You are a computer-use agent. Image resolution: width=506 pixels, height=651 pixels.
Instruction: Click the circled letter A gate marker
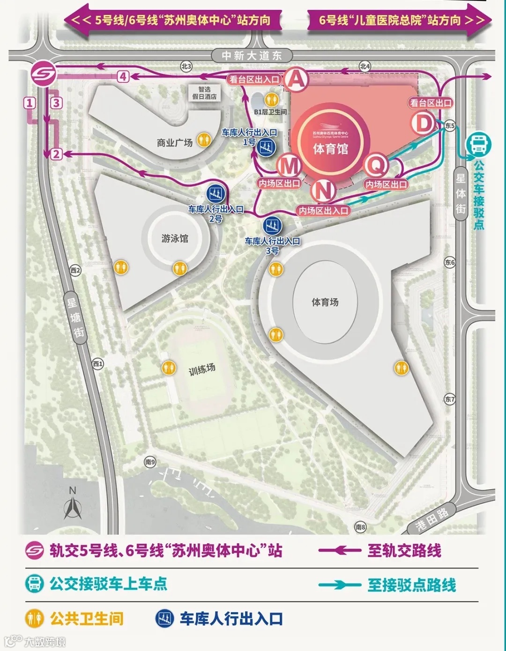click(x=297, y=79)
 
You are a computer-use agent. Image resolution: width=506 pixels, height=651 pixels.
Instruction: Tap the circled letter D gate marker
click(x=423, y=124)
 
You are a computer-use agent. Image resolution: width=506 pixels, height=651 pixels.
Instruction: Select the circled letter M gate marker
click(x=289, y=166)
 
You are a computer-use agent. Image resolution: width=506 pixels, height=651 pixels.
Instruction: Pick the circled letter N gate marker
click(x=323, y=191)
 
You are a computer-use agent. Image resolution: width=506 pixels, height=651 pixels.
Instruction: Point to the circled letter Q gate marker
click(x=376, y=165)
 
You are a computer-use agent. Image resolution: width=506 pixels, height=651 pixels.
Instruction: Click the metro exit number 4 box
click(x=123, y=76)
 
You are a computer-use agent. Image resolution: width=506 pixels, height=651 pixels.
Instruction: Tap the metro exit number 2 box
click(x=56, y=154)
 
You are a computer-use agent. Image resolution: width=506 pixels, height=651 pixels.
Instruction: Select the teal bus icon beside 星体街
click(x=478, y=144)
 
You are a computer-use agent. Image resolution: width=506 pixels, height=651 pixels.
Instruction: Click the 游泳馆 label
click(x=175, y=238)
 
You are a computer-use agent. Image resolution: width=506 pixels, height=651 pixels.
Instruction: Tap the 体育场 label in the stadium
click(x=325, y=302)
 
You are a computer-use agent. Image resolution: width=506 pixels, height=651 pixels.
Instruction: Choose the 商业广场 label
click(x=175, y=142)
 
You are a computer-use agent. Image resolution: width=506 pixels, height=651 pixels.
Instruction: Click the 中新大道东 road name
click(x=252, y=56)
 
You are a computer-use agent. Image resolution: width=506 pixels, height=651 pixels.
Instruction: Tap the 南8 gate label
click(x=360, y=527)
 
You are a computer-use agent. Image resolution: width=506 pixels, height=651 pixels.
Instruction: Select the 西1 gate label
click(x=97, y=363)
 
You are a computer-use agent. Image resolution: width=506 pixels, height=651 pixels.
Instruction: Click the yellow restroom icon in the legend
click(x=35, y=619)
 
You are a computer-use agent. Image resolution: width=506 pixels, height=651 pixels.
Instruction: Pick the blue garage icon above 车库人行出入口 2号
click(x=216, y=193)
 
